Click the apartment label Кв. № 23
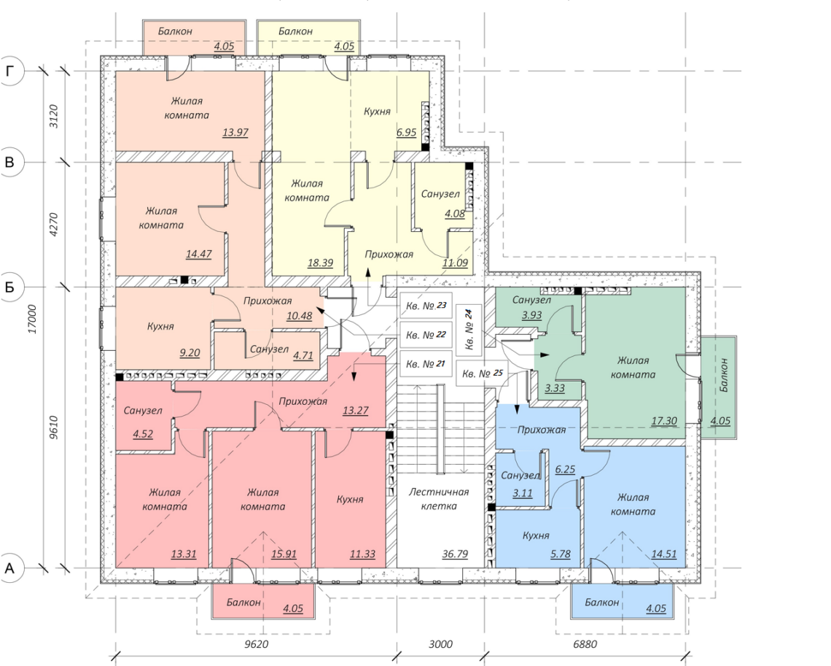(426, 306)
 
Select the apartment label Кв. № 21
(426, 364)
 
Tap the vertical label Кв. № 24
(469, 330)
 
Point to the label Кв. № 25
(483, 373)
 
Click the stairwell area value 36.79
(456, 554)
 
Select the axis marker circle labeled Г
(9, 71)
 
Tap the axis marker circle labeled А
(9, 568)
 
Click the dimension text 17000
(33, 319)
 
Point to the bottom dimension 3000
(440, 644)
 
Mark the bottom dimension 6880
(585, 644)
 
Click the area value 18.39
(321, 263)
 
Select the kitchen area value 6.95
(407, 133)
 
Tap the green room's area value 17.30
(664, 421)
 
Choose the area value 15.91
(284, 554)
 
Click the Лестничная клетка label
(439, 499)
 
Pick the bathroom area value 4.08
(455, 214)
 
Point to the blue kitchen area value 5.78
(561, 554)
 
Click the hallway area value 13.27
(356, 410)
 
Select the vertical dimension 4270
(53, 225)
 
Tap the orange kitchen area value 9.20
(190, 352)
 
